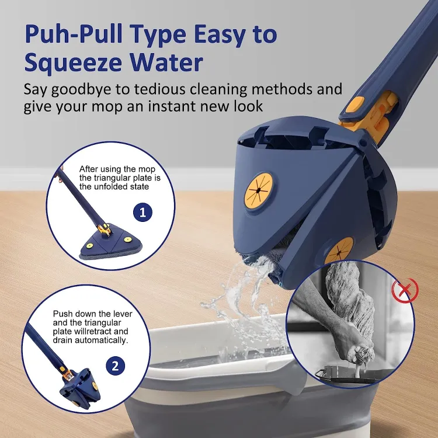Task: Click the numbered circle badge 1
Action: [x=142, y=211]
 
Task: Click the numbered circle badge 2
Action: [x=115, y=367]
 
